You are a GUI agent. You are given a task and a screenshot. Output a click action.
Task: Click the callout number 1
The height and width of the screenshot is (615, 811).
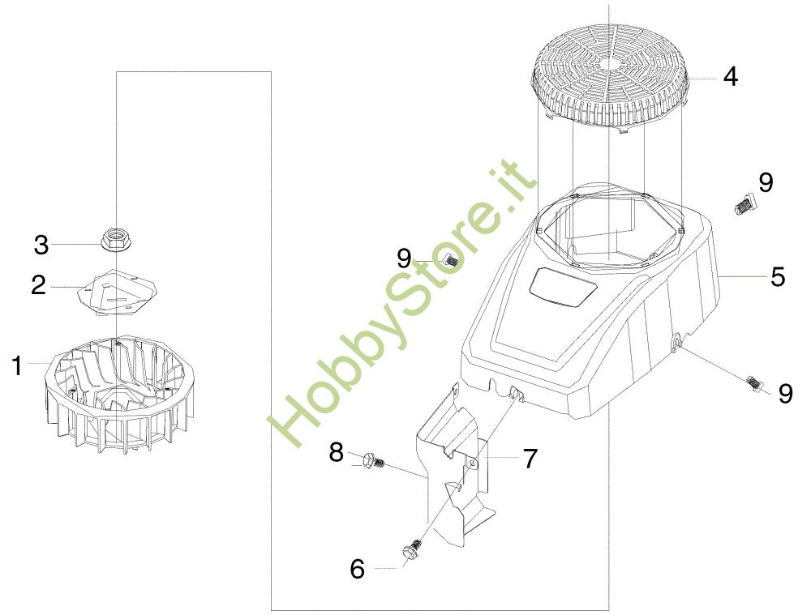[x=18, y=366]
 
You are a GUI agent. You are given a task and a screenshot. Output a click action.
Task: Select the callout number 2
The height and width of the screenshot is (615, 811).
[x=39, y=285]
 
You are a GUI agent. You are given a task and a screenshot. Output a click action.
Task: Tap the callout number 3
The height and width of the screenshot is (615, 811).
[x=41, y=245]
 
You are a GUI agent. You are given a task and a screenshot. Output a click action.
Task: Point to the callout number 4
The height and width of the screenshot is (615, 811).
[x=731, y=76]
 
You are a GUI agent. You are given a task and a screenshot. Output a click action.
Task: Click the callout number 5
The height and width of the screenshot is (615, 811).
[x=778, y=276]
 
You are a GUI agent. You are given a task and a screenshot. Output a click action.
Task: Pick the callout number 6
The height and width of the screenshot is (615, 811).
[x=358, y=570]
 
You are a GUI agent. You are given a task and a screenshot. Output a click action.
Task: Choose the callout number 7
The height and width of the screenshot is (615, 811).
[x=530, y=459]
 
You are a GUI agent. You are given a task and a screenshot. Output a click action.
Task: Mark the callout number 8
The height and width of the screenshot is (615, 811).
[x=337, y=453]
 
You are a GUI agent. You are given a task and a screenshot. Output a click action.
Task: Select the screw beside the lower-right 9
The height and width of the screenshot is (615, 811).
[x=754, y=383]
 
